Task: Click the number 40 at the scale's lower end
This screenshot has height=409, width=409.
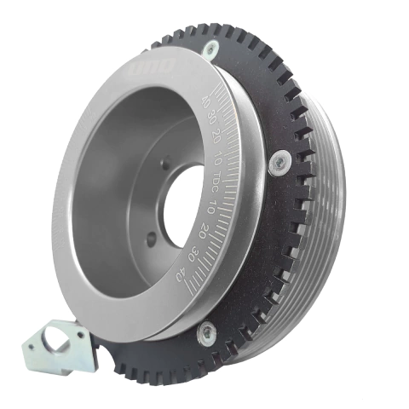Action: [x=181, y=274]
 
